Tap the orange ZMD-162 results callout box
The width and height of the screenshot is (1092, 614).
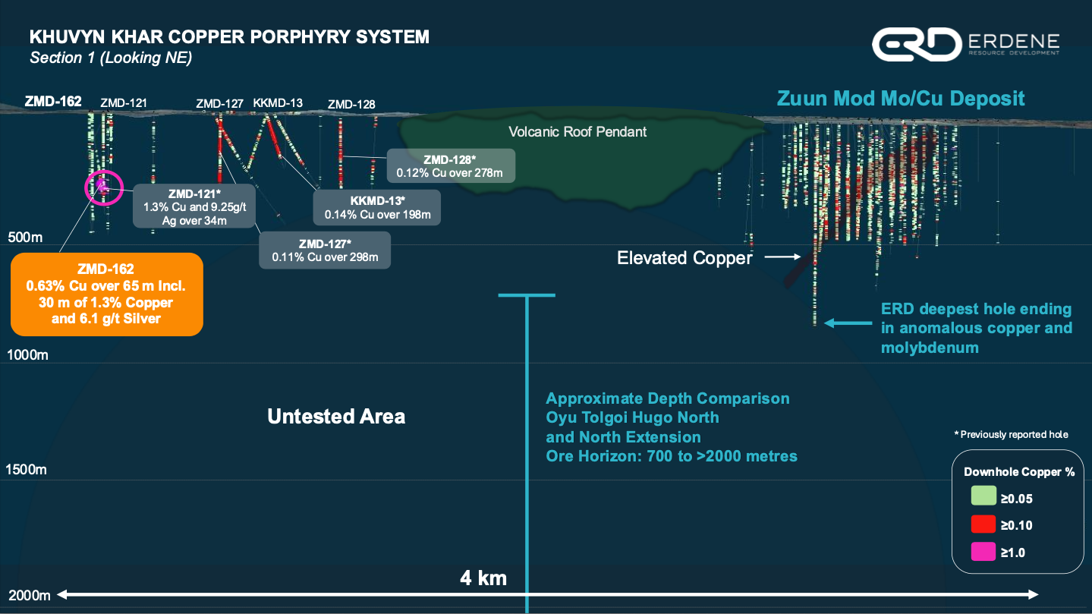[107, 294]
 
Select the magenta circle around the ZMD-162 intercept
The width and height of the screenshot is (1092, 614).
[102, 187]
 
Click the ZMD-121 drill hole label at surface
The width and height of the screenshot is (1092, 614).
[124, 102]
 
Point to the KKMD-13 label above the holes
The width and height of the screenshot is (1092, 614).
[278, 102]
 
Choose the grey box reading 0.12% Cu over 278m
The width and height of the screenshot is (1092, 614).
[450, 165]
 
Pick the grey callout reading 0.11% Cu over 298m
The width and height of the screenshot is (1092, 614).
[324, 250]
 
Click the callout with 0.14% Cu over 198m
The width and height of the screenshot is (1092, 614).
[377, 207]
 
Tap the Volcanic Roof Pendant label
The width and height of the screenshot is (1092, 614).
[577, 131]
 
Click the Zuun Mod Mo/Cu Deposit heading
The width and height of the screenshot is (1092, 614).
[900, 98]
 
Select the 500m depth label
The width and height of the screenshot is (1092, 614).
[24, 238]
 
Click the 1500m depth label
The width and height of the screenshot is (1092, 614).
[26, 470]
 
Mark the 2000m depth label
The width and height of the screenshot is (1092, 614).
[29, 594]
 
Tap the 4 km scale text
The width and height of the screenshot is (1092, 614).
[483, 578]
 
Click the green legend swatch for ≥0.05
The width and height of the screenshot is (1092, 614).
[983, 498]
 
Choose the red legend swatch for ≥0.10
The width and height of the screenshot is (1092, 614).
[983, 524]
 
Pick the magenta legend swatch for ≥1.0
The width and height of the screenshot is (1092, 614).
[983, 552]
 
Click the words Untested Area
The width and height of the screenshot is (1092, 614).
[336, 416]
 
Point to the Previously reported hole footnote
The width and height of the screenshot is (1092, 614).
[1011, 435]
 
